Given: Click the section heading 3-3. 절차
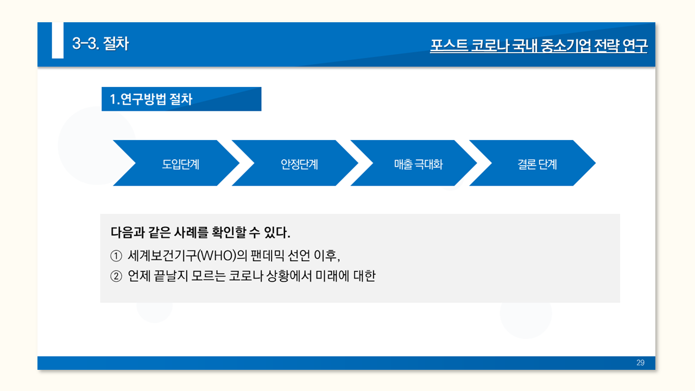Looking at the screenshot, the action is pos(100,43).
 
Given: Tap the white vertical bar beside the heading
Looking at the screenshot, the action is pos(58,40).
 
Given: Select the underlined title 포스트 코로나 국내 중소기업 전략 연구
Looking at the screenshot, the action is pos(539,46).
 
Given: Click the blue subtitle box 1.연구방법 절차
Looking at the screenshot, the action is pos(181,99).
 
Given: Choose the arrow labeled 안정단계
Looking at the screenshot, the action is pos(299,163).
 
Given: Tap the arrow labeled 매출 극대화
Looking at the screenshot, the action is pos(418,163).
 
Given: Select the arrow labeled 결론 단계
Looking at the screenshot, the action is pos(537,163).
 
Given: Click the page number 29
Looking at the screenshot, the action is pos(640,363).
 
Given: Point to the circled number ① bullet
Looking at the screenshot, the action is pos(116,255).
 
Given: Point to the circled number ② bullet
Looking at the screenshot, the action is pos(116,276).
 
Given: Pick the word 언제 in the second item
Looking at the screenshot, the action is pos(139,276).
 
